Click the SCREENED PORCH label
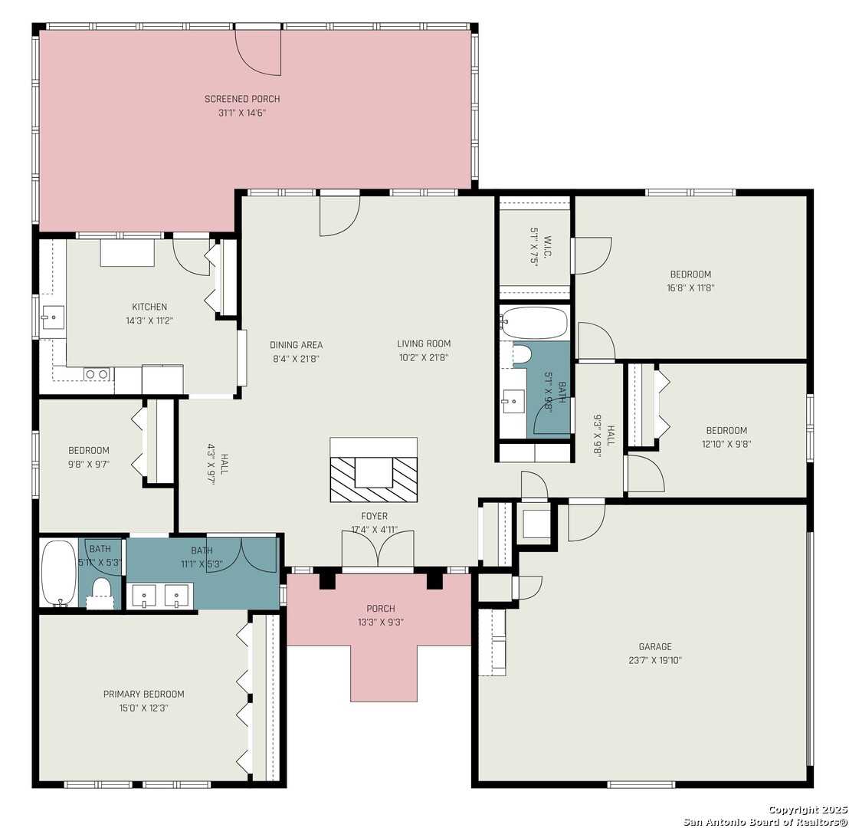(242, 99)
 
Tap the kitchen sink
(53, 317)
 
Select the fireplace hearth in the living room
(374, 470)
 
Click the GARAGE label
(655, 646)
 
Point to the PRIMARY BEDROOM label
(143, 694)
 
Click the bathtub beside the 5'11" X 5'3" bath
(58, 572)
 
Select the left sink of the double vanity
(144, 595)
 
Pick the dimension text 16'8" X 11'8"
(690, 288)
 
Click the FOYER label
(374, 516)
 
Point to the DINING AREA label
(297, 345)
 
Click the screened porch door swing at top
(257, 53)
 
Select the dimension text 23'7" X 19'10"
(655, 661)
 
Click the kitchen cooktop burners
(97, 374)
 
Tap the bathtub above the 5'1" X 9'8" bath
(534, 323)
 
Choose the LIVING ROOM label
(424, 343)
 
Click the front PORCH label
(381, 609)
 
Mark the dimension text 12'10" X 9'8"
(726, 445)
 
